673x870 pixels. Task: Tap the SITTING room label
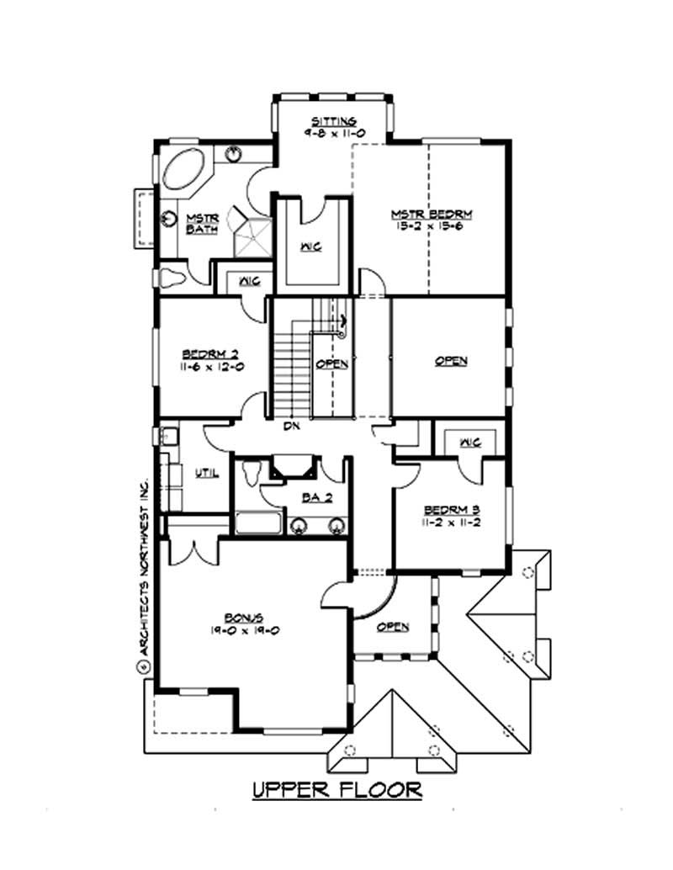pyautogui.click(x=334, y=121)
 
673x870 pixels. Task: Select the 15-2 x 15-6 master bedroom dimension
pyautogui.click(x=428, y=226)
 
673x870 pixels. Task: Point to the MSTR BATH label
pyautogui.click(x=202, y=223)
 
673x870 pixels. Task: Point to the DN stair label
pyautogui.click(x=291, y=427)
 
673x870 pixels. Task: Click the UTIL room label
pyautogui.click(x=207, y=474)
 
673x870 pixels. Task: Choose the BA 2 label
pyautogui.click(x=317, y=496)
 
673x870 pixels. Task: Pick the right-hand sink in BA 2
pyautogui.click(x=337, y=527)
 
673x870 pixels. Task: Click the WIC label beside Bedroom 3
pyautogui.click(x=469, y=442)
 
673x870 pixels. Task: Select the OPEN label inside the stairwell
pyautogui.click(x=331, y=364)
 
